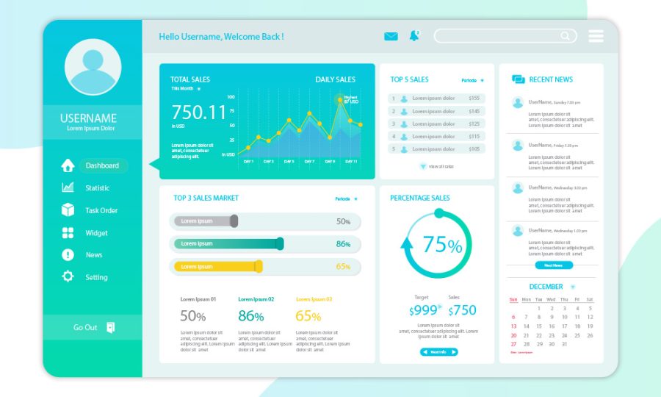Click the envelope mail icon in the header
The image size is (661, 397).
click(x=391, y=36)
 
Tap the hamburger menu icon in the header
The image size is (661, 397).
click(x=596, y=36)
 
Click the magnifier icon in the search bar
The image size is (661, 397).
click(x=566, y=36)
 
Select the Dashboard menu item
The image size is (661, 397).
click(x=102, y=165)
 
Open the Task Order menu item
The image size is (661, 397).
click(x=101, y=210)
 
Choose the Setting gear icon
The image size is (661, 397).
click(x=68, y=276)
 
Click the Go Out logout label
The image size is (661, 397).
click(x=85, y=327)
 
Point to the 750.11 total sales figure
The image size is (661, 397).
click(x=199, y=112)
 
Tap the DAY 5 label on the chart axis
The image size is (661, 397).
click(x=289, y=161)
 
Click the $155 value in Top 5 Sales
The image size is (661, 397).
click(x=474, y=99)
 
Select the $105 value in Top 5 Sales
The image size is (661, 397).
click(x=474, y=149)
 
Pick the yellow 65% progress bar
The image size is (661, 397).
click(x=217, y=266)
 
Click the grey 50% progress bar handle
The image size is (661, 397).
click(x=234, y=221)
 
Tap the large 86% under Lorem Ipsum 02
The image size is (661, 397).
click(x=250, y=316)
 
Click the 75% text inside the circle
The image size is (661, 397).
click(x=443, y=244)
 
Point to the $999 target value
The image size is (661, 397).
click(x=424, y=310)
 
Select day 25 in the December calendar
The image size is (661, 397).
click(x=577, y=335)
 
